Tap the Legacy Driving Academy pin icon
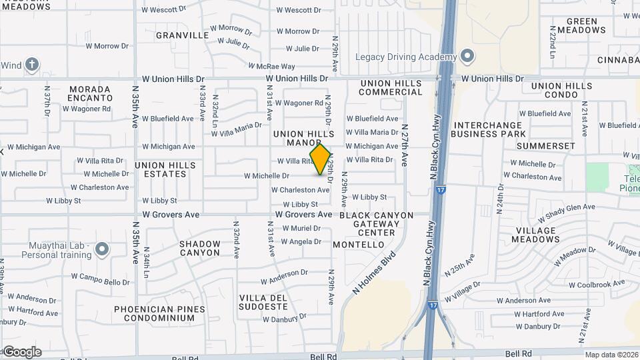coord(467,56)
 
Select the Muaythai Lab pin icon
coord(101,250)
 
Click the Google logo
coord(21,352)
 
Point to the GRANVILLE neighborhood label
coord(182,35)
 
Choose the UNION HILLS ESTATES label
coord(160,169)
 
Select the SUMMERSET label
coord(545,145)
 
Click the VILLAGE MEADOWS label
coord(536,235)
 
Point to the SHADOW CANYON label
coord(199,248)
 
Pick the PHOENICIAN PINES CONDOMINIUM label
coord(154,313)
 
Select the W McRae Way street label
coord(271,66)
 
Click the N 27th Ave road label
coord(405,146)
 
